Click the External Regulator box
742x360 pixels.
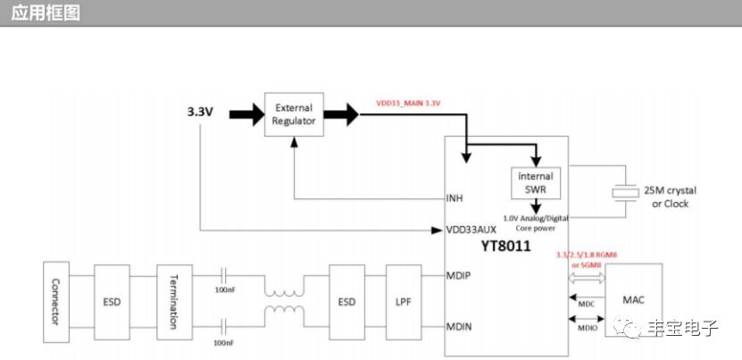[294, 114]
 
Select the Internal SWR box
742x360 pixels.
[536, 183]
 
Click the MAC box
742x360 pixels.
[633, 299]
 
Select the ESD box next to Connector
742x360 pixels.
[112, 300]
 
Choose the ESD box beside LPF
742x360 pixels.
[346, 300]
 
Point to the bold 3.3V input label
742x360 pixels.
[200, 113]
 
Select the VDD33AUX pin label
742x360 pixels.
[471, 230]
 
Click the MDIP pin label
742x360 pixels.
[458, 275]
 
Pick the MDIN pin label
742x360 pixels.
[458, 327]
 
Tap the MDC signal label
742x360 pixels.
[586, 304]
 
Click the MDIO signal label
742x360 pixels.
[586, 328]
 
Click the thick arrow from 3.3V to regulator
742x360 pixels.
[246, 113]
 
